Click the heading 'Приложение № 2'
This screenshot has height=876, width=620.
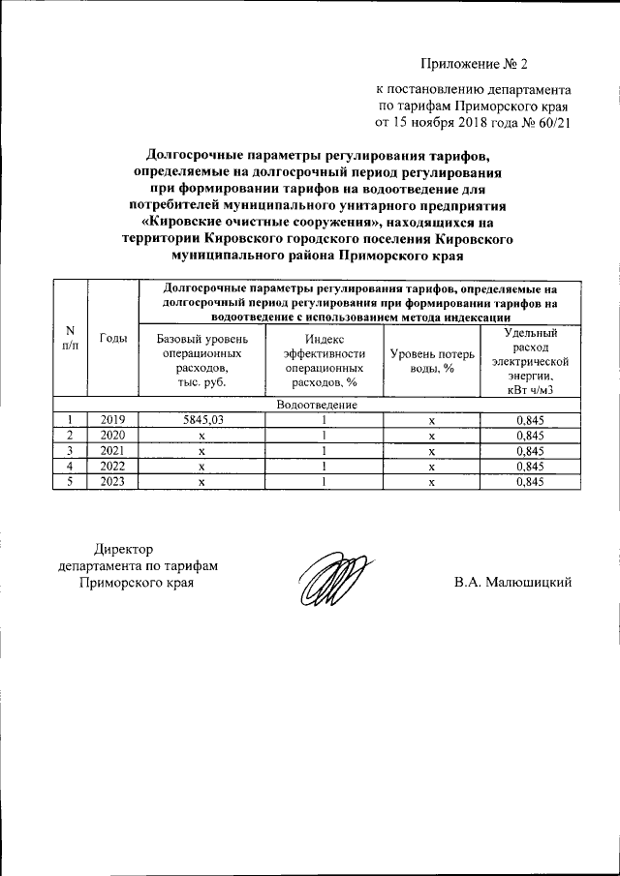click(x=475, y=66)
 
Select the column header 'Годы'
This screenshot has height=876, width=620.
click(x=113, y=338)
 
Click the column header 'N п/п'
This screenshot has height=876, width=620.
click(x=69, y=338)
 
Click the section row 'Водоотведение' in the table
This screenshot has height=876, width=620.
click(x=317, y=404)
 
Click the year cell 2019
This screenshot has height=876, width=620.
click(x=113, y=419)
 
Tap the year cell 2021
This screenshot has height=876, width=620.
click(x=113, y=450)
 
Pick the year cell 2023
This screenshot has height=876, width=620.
click(x=113, y=481)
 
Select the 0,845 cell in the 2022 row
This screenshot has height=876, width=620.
click(x=528, y=466)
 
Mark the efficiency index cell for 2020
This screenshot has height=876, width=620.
click(x=324, y=435)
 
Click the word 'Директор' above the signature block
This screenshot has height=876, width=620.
click(x=123, y=551)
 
